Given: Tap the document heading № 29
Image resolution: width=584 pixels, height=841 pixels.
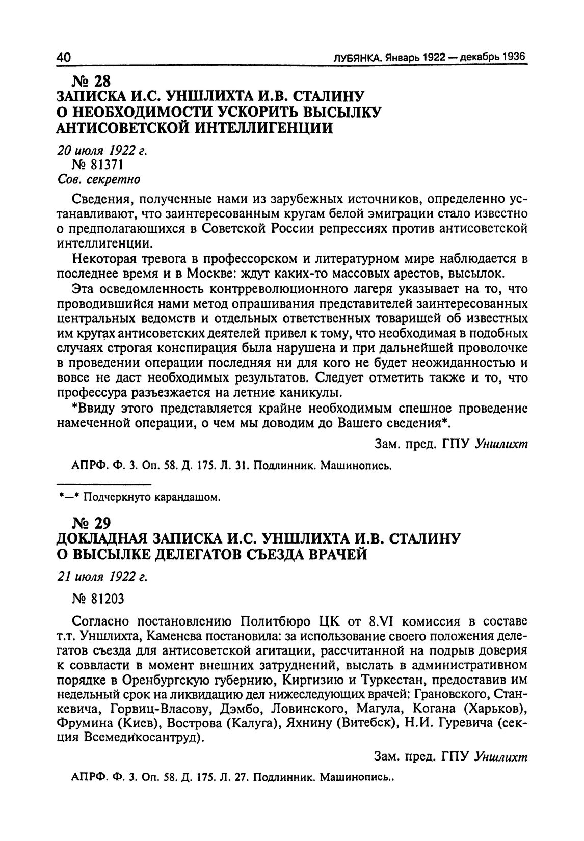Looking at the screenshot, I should click(x=92, y=523).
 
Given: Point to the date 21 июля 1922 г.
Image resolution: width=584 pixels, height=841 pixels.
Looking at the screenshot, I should click(x=101, y=576).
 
